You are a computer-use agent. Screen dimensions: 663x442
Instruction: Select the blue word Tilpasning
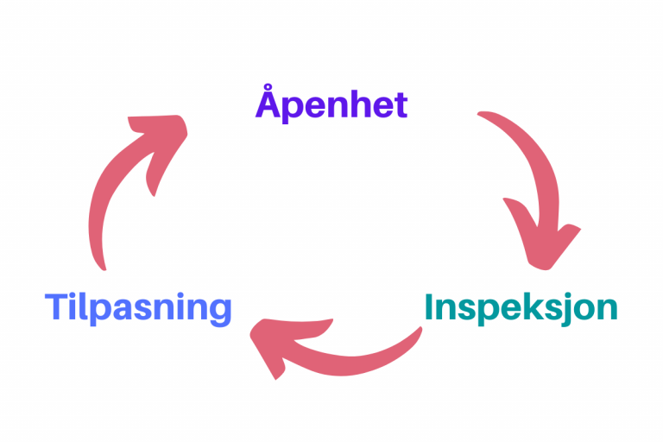coord(138,308)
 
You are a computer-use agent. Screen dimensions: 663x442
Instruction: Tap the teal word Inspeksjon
coord(521,308)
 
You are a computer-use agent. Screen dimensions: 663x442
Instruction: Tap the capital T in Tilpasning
coord(56,307)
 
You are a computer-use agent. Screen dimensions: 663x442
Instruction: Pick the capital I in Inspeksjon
coord(429,307)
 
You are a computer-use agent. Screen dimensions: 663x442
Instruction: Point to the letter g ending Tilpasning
coord(219,313)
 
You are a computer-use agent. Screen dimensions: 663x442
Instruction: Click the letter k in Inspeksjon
coord(528,307)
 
